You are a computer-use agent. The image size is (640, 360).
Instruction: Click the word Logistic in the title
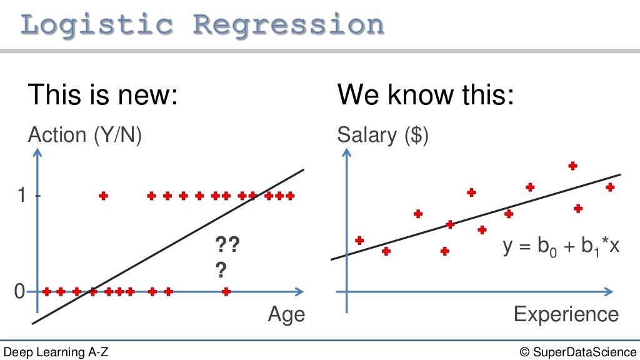(97, 24)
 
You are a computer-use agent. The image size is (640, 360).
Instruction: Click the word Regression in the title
(288, 24)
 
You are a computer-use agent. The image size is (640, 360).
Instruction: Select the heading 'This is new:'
(103, 95)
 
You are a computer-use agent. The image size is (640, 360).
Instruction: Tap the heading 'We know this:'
(425, 95)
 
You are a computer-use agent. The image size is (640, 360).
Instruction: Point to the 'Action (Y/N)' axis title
(85, 134)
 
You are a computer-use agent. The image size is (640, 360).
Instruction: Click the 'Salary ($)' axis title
(383, 134)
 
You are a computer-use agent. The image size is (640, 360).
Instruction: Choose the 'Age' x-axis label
(286, 314)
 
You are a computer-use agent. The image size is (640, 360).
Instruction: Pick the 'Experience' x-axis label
(566, 314)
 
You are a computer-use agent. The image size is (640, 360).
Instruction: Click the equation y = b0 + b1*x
(561, 246)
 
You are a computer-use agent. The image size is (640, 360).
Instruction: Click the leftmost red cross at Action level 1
(104, 196)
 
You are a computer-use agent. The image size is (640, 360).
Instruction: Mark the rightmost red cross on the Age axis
(226, 291)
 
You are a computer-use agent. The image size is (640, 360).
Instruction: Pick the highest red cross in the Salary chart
(572, 166)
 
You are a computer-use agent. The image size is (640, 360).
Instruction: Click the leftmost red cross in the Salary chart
(359, 240)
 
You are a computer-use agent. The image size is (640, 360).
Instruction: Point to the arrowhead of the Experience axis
(609, 291)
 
